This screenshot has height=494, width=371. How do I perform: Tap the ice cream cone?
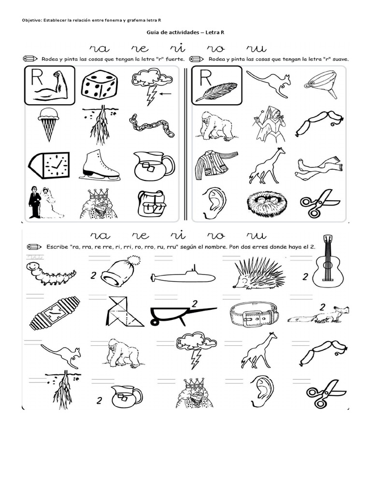click(x=49, y=124)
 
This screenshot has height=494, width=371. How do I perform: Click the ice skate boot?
click(x=100, y=165)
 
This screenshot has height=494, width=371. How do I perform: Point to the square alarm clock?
click(x=49, y=165)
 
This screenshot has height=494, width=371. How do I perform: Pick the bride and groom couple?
click(x=45, y=202)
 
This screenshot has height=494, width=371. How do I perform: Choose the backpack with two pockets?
click(x=152, y=203)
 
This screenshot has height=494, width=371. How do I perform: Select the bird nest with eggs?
click(x=267, y=204)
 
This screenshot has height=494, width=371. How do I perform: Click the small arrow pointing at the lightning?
click(x=166, y=93)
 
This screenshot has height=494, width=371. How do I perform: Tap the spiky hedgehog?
click(x=259, y=274)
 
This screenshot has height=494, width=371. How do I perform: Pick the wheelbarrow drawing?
click(x=183, y=315)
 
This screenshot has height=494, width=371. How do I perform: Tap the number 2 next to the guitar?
click(x=305, y=276)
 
